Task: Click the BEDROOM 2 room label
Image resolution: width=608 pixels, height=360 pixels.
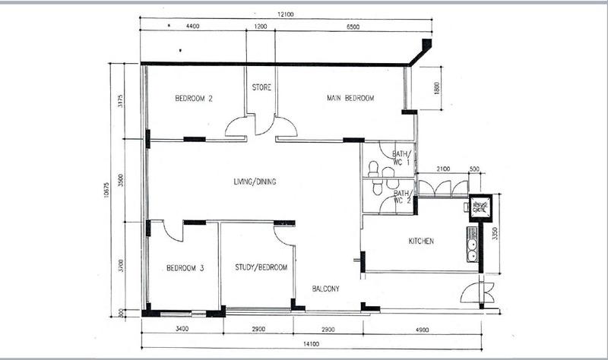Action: tap(193, 98)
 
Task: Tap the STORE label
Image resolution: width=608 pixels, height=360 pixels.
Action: tap(261, 87)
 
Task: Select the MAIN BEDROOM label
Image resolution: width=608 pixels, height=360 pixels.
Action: tap(351, 98)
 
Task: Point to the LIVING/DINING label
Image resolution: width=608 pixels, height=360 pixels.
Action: tap(254, 182)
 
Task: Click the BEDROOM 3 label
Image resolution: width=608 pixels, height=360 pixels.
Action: tap(185, 267)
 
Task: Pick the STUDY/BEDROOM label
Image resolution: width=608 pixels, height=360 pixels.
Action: tap(261, 267)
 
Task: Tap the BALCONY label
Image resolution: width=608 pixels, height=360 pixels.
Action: tap(325, 289)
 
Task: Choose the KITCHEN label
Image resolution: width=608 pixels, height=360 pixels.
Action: tap(421, 242)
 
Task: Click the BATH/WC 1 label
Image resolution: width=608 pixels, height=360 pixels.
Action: tap(401, 157)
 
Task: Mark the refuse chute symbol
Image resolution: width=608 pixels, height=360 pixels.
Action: tap(480, 207)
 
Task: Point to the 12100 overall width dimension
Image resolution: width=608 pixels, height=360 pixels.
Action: tap(285, 14)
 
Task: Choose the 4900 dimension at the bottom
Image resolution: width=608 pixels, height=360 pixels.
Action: tap(422, 329)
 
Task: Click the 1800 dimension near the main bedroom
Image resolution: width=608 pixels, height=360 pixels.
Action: tap(436, 88)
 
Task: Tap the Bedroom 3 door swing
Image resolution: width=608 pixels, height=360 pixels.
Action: tap(172, 230)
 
